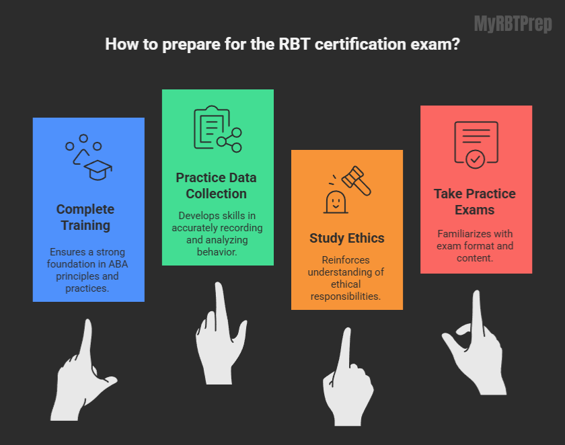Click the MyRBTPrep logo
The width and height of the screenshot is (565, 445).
click(x=513, y=24)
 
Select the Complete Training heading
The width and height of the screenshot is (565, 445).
click(x=85, y=217)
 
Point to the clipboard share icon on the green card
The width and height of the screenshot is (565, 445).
click(x=217, y=128)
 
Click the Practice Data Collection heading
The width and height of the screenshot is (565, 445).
click(x=216, y=186)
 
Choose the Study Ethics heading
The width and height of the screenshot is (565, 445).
click(x=346, y=238)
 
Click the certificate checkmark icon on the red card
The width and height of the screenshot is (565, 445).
click(x=476, y=144)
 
